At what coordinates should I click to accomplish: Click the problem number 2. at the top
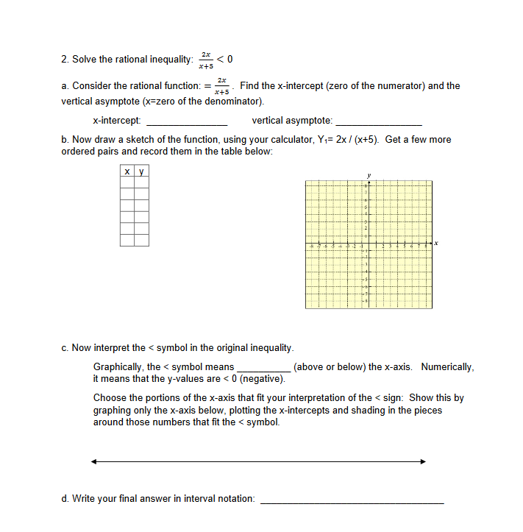[x=65, y=60]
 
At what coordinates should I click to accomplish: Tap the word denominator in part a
[x=230, y=100]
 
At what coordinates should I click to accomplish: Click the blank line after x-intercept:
[x=187, y=121]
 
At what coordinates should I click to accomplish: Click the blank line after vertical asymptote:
[x=378, y=121]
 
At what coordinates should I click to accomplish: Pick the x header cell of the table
[x=127, y=172]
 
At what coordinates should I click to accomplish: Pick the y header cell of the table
[x=141, y=172]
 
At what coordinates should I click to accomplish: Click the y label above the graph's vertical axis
[x=369, y=175]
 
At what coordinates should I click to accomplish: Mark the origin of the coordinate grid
[x=369, y=244]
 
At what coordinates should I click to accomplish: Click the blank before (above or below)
[x=263, y=367]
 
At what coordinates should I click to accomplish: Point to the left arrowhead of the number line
[x=94, y=462]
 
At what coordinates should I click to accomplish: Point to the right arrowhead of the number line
[x=423, y=462]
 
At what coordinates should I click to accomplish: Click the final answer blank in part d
[x=352, y=500]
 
